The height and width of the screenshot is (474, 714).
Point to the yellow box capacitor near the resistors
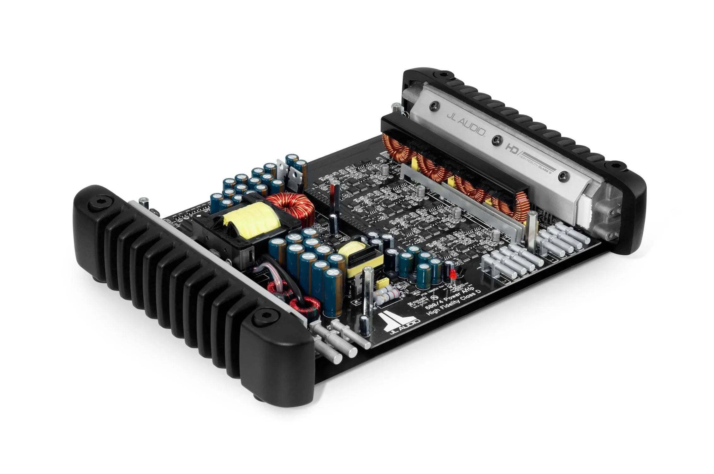[x=384, y=281]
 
